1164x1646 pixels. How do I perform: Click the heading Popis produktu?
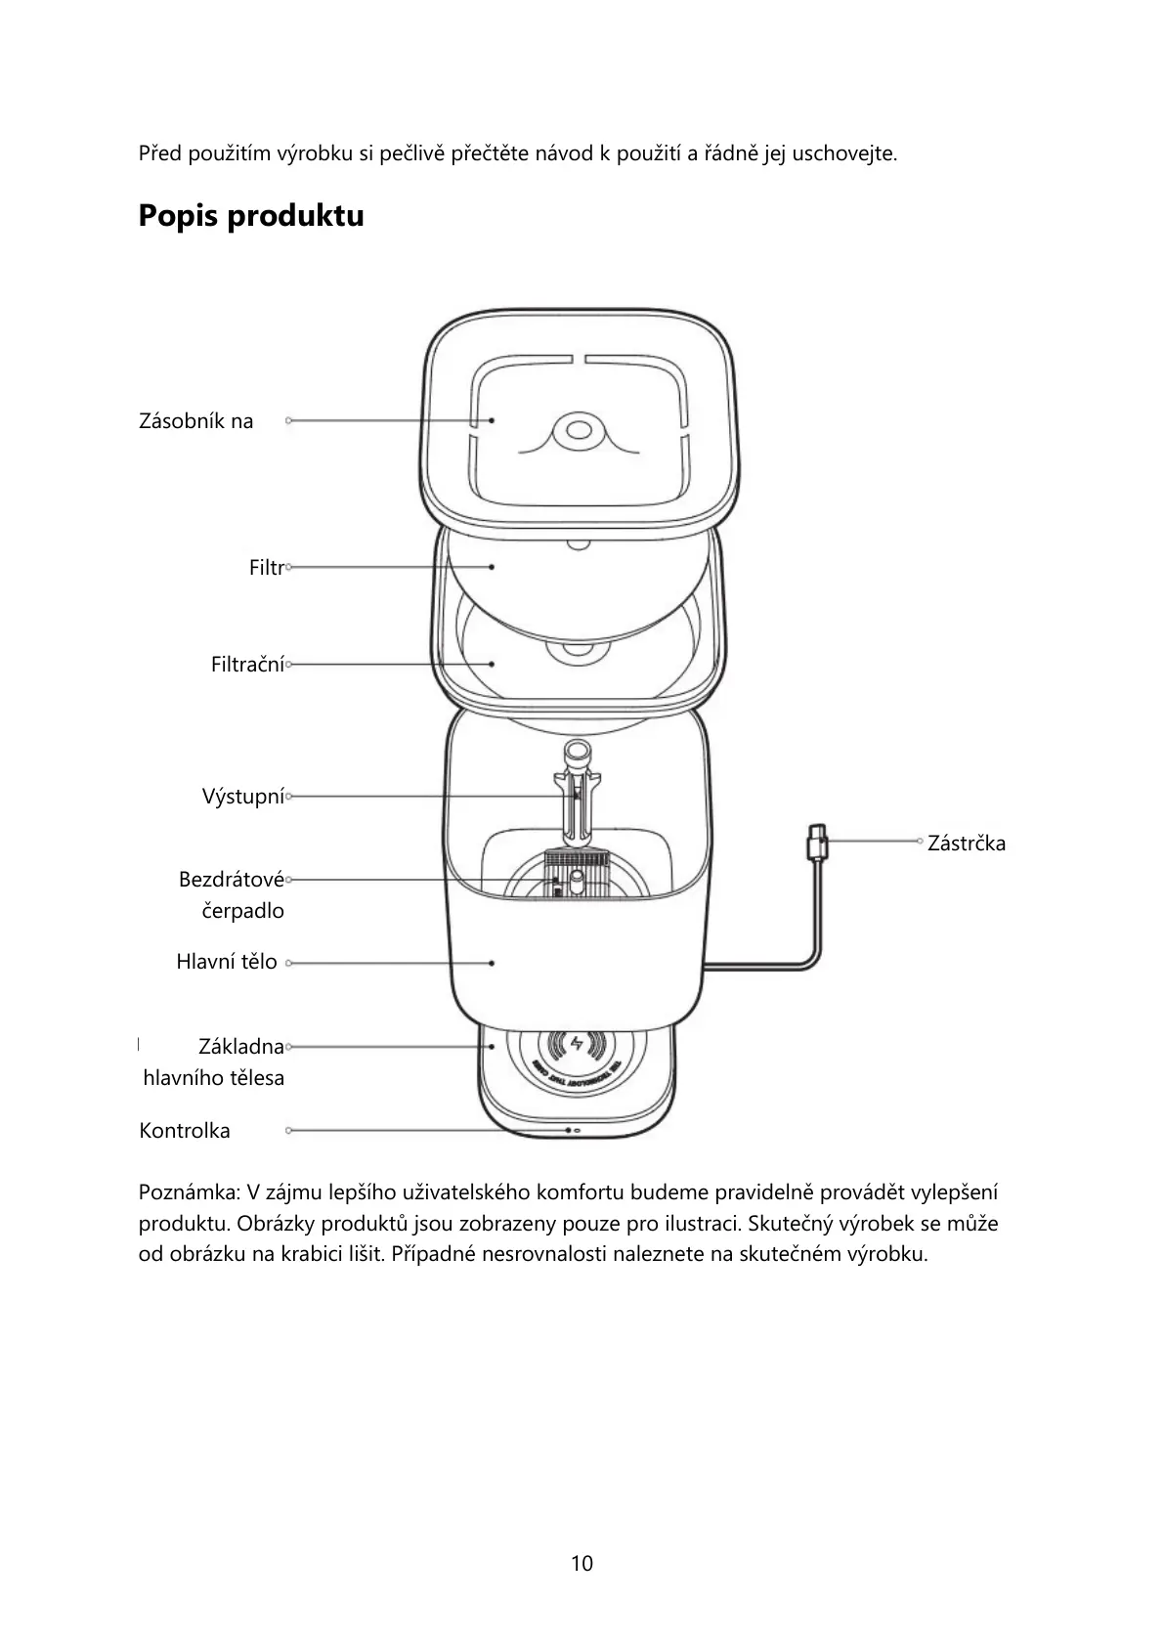(x=251, y=216)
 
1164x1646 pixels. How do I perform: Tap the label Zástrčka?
(x=966, y=844)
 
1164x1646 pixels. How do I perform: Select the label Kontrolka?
(x=185, y=1131)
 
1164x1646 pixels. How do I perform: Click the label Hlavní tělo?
(x=227, y=962)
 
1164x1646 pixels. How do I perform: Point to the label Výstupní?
(x=242, y=797)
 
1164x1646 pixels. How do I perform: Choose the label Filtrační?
(x=247, y=665)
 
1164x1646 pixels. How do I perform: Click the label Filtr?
(x=266, y=568)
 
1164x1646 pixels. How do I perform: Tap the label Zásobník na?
(x=196, y=421)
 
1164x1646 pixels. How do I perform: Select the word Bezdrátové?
(x=231, y=880)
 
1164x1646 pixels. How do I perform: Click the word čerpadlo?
(x=242, y=911)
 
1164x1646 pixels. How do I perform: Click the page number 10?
(x=582, y=1563)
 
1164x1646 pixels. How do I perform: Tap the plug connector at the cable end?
(x=815, y=842)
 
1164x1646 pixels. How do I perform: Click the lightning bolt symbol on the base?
(x=576, y=1044)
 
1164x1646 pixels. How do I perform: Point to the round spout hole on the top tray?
(x=575, y=429)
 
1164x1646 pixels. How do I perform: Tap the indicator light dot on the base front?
(x=568, y=1130)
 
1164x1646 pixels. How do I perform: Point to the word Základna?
(x=240, y=1047)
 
